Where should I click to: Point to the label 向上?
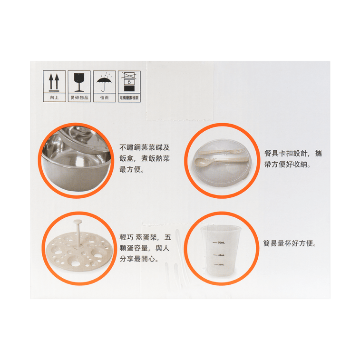54,98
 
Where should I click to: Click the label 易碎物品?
79,98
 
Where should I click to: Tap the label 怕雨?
104,98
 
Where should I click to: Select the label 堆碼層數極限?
128,98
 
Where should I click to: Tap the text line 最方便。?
133,169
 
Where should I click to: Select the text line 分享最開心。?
139,259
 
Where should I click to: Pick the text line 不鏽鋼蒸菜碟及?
145,147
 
